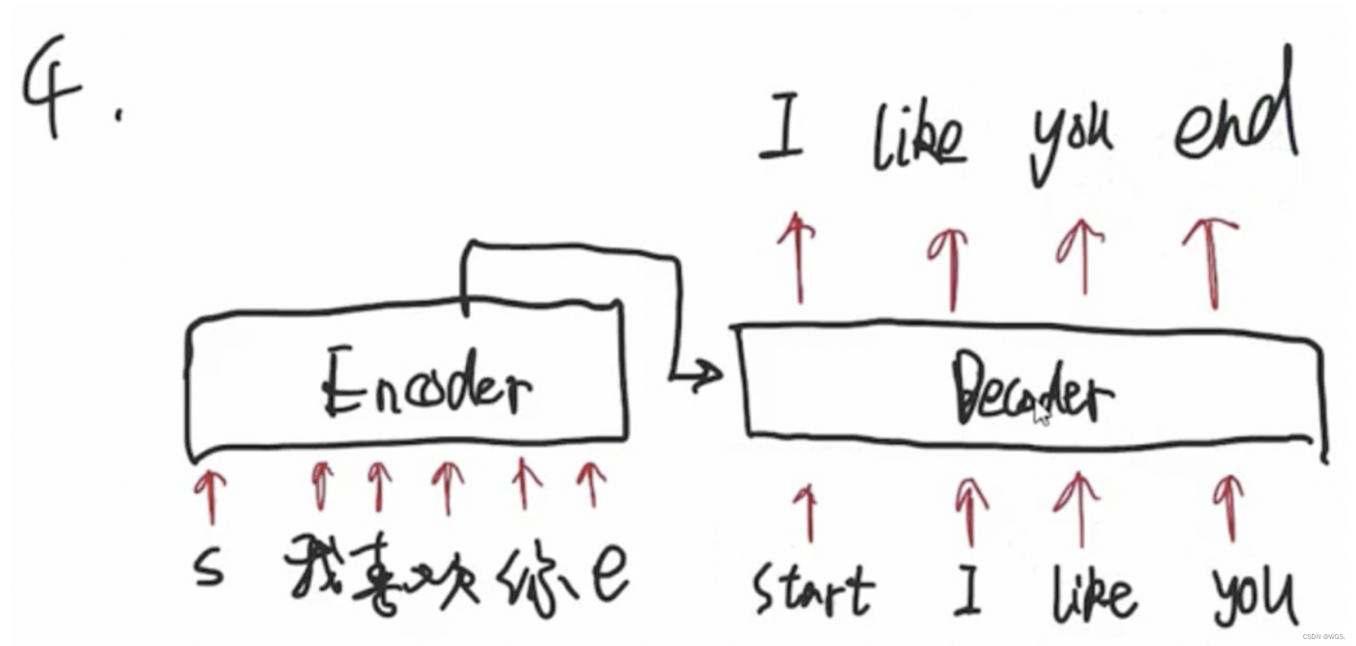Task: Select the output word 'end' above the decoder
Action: [1235, 119]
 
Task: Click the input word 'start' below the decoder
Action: [813, 591]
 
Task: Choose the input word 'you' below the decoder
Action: [1252, 594]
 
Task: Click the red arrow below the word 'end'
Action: [1212, 262]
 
